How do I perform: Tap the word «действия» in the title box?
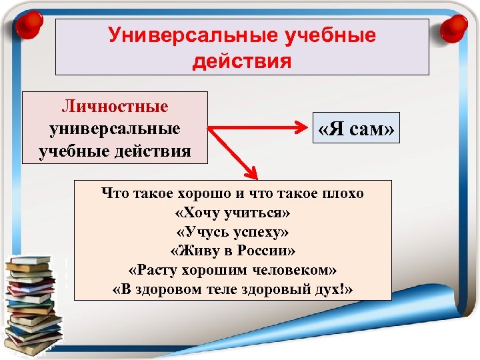pyautogui.click(x=242, y=61)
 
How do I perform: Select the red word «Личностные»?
pyautogui.click(x=115, y=107)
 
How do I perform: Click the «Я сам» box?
pyautogui.click(x=357, y=129)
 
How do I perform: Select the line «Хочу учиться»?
pyautogui.click(x=232, y=213)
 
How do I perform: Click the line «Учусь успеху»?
pyautogui.click(x=232, y=232)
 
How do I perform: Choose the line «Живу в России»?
pyautogui.click(x=232, y=251)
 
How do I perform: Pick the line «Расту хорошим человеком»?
pyautogui.click(x=232, y=270)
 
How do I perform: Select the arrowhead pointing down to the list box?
pyautogui.click(x=251, y=173)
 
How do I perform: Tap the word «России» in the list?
pyautogui.click(x=268, y=251)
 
